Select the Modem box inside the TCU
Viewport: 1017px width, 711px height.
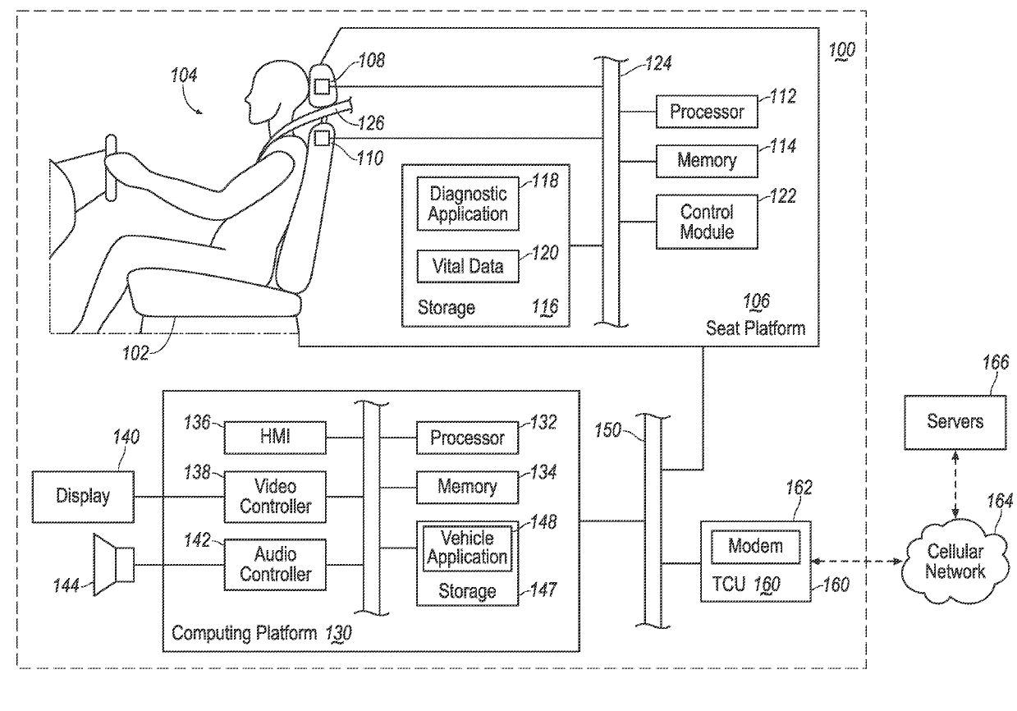pyautogui.click(x=756, y=546)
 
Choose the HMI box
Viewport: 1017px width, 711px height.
pyautogui.click(x=275, y=436)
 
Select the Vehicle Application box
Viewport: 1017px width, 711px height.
pyautogui.click(x=468, y=548)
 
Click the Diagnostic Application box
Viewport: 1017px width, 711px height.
pyautogui.click(x=468, y=204)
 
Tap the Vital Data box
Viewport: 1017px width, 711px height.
pyautogui.click(x=468, y=266)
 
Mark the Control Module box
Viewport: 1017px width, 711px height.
pyautogui.click(x=707, y=222)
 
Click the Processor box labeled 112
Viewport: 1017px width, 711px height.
pyautogui.click(x=707, y=112)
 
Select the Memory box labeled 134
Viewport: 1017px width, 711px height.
pyautogui.click(x=468, y=486)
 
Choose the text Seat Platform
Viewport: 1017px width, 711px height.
pyautogui.click(x=755, y=328)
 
